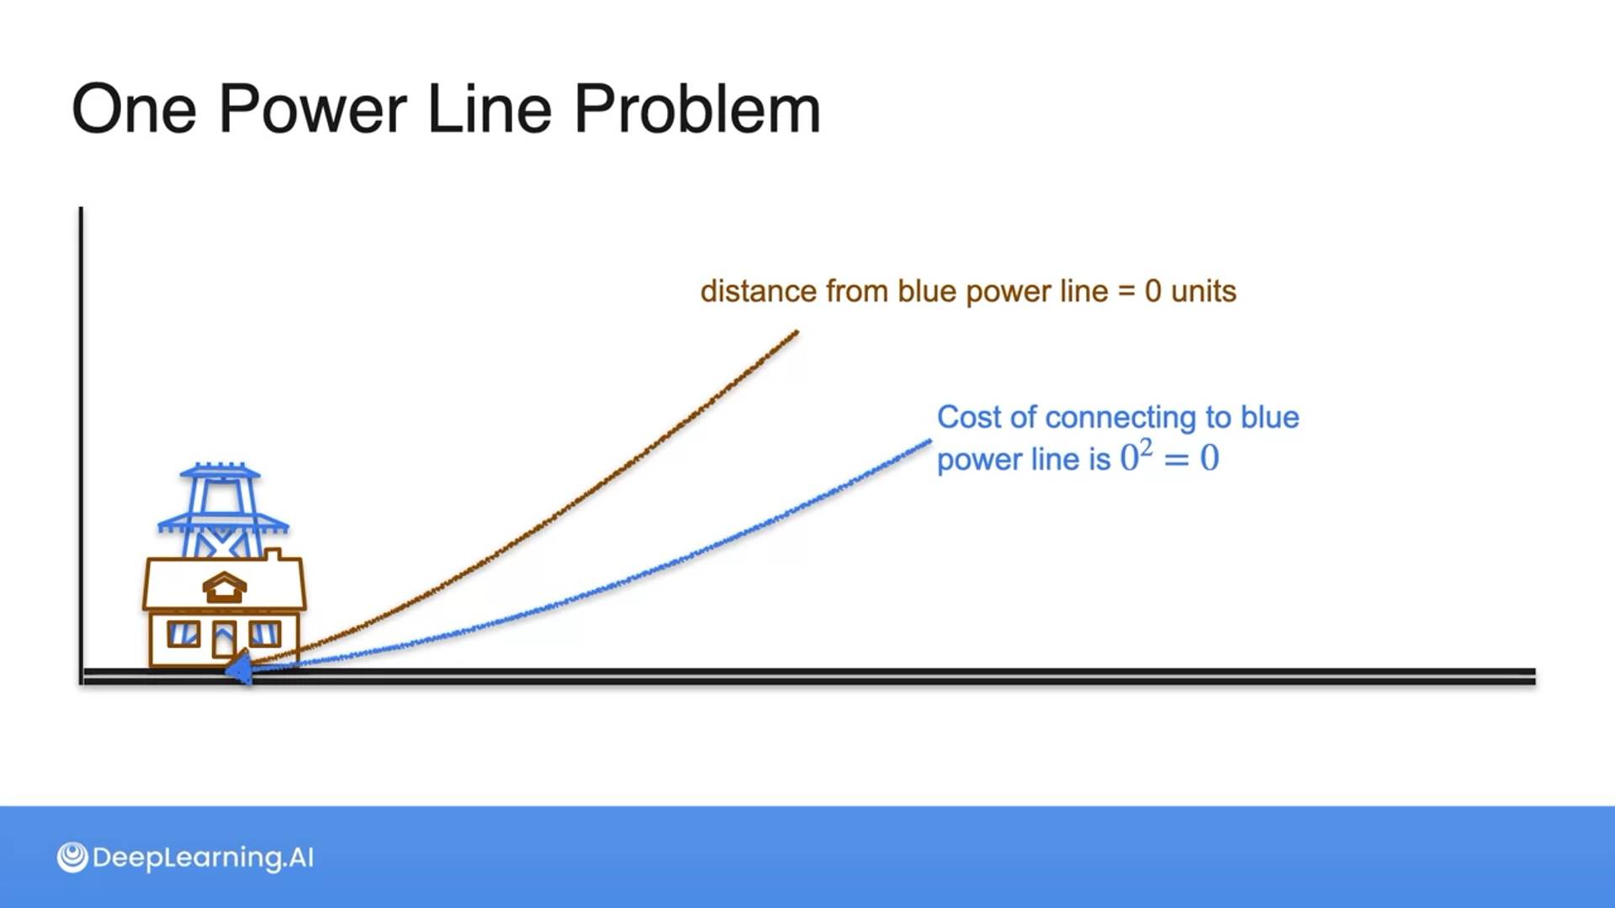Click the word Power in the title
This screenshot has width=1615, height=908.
pyautogui.click(x=312, y=109)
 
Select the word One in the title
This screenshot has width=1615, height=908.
pyautogui.click(x=134, y=109)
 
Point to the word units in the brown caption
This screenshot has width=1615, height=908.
pyautogui.click(x=1203, y=292)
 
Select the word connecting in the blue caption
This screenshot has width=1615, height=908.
pyautogui.click(x=1124, y=417)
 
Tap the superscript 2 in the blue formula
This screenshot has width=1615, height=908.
pyautogui.click(x=1146, y=447)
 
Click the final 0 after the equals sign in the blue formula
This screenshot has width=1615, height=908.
pyautogui.click(x=1210, y=458)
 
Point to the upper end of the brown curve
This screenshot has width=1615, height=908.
pyautogui.click(x=796, y=333)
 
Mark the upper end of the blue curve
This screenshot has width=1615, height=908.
pyautogui.click(x=929, y=441)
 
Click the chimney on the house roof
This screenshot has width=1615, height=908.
pyautogui.click(x=273, y=555)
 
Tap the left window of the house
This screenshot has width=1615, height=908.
pyautogui.click(x=183, y=634)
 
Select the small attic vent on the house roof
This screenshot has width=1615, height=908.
pyautogui.click(x=224, y=588)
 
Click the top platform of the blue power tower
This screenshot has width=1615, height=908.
pyautogui.click(x=220, y=470)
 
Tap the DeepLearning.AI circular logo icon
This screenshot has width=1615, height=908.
pyautogui.click(x=72, y=858)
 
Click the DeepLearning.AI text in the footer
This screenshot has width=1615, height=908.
pyautogui.click(x=203, y=858)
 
